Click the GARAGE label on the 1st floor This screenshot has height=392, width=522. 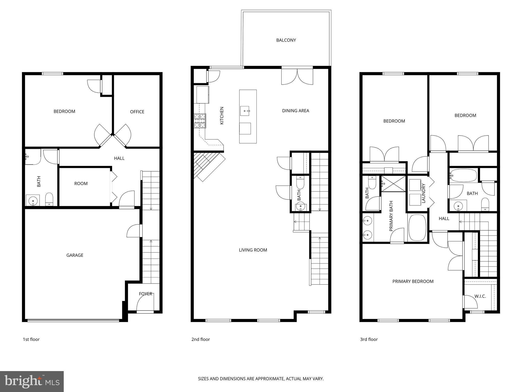[x=75, y=255]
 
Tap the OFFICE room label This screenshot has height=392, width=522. [x=137, y=112]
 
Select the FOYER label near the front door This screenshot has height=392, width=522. [x=146, y=294]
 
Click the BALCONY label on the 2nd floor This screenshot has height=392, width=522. [x=286, y=40]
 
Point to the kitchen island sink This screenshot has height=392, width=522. [x=245, y=111]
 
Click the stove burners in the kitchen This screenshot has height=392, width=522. [x=200, y=121]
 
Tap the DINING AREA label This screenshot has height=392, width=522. [x=295, y=111]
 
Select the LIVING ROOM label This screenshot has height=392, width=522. [x=253, y=250]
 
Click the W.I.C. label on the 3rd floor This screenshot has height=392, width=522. [x=480, y=296]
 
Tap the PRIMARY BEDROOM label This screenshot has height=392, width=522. [x=413, y=281]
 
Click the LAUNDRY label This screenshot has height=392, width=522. [x=424, y=193]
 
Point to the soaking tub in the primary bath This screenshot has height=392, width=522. [x=417, y=227]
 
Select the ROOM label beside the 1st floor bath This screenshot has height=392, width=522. [x=81, y=183]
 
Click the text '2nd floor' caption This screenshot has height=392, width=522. [x=201, y=339]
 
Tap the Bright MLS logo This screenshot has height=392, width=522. [x=32, y=382]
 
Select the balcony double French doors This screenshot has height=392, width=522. [x=297, y=76]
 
